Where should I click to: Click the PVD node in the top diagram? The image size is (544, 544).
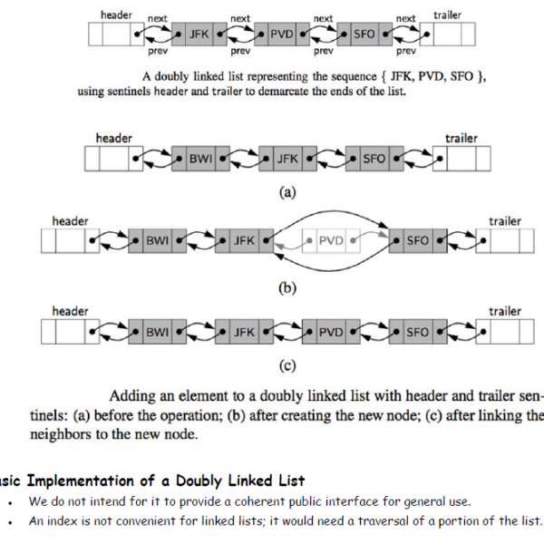[x=282, y=35]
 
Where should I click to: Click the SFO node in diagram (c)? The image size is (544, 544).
[x=417, y=333]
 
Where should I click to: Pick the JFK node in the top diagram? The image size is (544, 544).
[x=199, y=35]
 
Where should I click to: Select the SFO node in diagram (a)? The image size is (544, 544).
[x=374, y=159]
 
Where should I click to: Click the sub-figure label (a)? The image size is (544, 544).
[x=287, y=192]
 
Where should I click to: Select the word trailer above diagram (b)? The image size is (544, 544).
[x=505, y=221]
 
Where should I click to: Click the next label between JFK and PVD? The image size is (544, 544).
[x=240, y=18]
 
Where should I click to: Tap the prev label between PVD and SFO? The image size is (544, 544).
[x=323, y=53]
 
